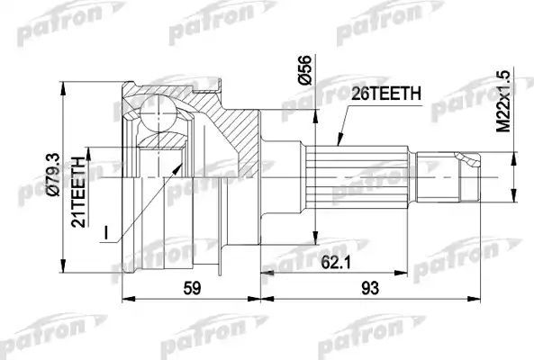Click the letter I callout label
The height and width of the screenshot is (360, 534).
[107, 233]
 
